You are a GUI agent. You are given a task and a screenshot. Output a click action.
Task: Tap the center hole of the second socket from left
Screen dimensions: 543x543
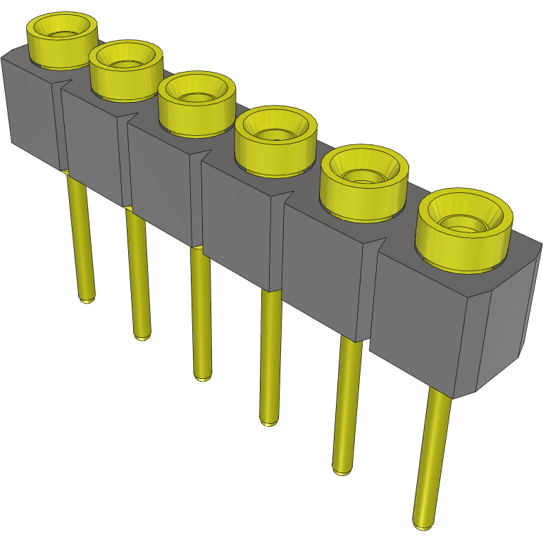(x=126, y=62)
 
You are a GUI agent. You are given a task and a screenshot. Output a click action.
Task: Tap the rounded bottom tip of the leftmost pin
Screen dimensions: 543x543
(x=87, y=299)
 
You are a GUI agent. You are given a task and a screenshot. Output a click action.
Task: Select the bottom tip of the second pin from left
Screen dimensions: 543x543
(x=142, y=336)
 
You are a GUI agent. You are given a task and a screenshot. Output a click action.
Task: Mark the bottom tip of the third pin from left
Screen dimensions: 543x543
(x=203, y=377)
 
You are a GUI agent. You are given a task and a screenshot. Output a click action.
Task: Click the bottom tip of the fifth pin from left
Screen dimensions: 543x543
(x=342, y=470)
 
